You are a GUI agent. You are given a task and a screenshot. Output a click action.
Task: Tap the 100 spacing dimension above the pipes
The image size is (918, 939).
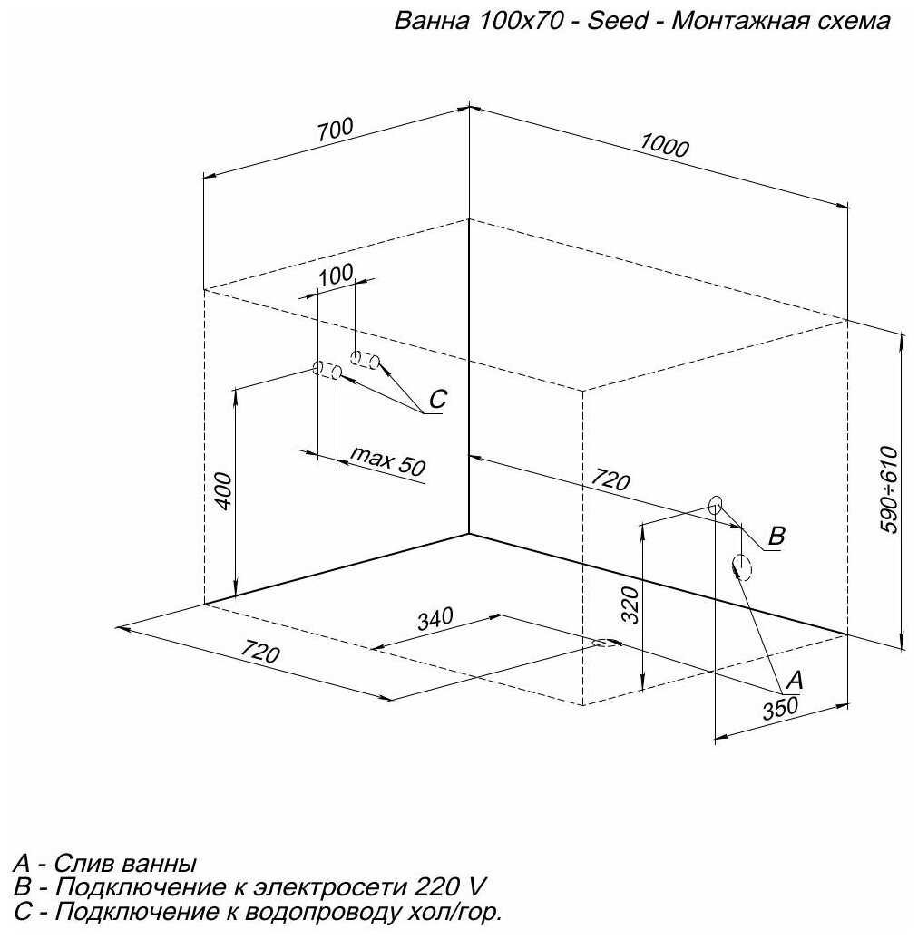(337, 277)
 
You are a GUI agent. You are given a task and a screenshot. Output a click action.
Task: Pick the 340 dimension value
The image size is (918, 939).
(435, 621)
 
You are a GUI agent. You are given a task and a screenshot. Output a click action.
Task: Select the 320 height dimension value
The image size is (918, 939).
(632, 604)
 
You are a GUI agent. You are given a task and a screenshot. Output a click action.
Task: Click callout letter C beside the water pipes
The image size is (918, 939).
(438, 399)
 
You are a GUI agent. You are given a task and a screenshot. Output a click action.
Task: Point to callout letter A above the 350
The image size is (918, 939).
(794, 678)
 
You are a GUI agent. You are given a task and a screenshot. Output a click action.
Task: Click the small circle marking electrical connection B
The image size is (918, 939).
(715, 504)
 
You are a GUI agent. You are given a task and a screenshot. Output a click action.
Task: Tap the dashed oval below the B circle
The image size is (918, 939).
(742, 568)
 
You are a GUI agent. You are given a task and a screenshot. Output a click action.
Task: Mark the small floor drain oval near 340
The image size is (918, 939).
(601, 643)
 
